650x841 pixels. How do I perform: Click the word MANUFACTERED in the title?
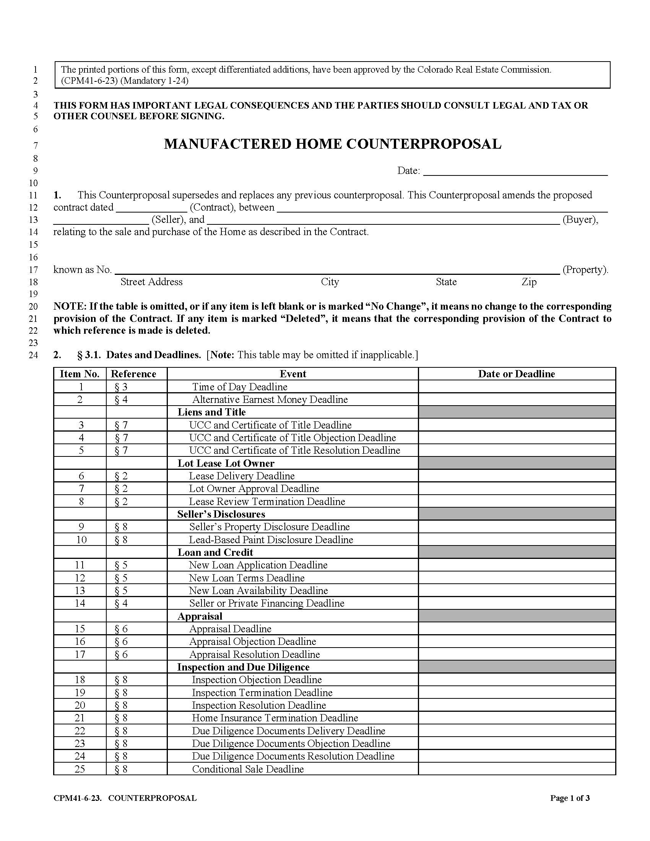[227, 144]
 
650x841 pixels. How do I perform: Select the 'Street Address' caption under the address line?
[151, 282]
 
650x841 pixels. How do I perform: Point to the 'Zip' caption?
[529, 282]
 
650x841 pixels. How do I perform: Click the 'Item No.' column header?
[80, 374]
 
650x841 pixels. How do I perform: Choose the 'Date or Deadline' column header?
[517, 374]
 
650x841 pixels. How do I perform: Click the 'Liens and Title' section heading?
[211, 412]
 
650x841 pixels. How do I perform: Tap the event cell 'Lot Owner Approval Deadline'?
[254, 489]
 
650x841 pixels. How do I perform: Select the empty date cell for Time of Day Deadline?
[517, 386]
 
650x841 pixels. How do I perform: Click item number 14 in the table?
[80, 603]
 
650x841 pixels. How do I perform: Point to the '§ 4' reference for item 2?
[121, 400]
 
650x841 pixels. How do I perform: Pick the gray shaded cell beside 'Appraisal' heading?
[517, 616]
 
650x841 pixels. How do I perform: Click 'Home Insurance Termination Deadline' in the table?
[275, 718]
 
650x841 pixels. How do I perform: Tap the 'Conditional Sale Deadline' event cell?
[248, 769]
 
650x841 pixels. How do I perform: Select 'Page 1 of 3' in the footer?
[570, 798]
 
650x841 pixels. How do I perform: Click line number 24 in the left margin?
[34, 355]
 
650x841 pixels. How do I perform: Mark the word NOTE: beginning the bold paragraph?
[70, 307]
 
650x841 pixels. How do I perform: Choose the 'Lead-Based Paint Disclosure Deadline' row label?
[271, 540]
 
